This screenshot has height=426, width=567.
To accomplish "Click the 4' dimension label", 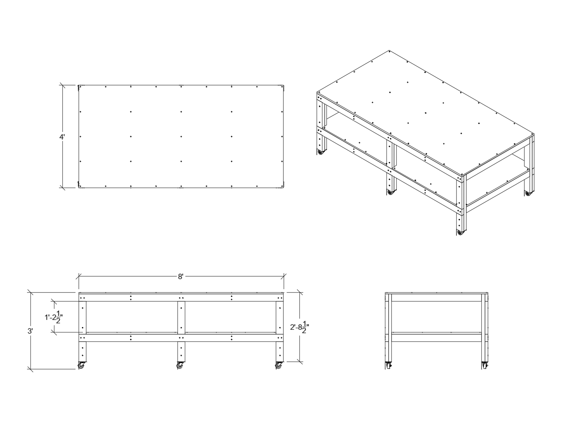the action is (x=62, y=137).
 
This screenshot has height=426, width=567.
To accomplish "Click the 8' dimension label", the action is (x=181, y=277).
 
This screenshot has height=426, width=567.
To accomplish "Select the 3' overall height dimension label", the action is (x=30, y=331).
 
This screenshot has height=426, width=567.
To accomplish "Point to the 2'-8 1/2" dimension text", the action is (x=300, y=327).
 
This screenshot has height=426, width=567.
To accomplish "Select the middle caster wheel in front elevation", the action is (x=180, y=365).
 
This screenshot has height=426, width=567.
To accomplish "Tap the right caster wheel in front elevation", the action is (x=279, y=365).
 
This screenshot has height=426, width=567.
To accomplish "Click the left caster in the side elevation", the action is (x=388, y=365).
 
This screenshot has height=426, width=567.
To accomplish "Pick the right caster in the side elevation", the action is (x=485, y=365).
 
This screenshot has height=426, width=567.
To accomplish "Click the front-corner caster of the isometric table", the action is (x=460, y=232).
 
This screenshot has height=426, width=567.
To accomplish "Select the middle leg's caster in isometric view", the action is (x=390, y=192).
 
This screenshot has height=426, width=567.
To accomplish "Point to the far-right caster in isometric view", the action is (x=528, y=193).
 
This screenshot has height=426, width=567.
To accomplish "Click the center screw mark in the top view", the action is (x=181, y=137).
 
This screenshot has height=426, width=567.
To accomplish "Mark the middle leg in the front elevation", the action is (x=181, y=331).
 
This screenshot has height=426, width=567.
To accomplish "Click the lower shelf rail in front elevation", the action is (x=181, y=338).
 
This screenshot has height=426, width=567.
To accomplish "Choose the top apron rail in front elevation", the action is (x=181, y=298).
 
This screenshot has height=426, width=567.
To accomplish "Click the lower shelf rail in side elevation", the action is (x=436, y=338).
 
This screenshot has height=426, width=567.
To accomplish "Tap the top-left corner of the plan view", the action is (x=79, y=85).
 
